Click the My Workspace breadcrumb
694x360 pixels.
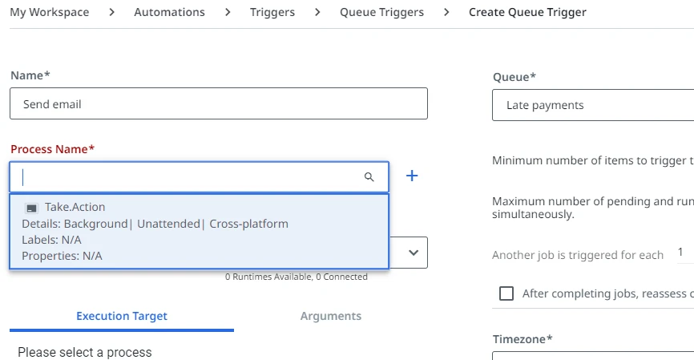(x=49, y=12)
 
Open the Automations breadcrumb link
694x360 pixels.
(x=170, y=12)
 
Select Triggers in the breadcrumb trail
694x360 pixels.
(x=272, y=12)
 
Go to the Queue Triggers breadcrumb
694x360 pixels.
(x=381, y=12)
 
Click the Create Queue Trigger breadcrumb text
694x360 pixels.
(x=527, y=12)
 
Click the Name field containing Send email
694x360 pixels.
(x=219, y=103)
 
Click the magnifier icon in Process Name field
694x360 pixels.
(x=369, y=177)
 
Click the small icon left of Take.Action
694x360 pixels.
(x=31, y=208)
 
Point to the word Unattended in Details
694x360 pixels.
(x=168, y=224)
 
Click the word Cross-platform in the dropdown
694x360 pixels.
(x=248, y=224)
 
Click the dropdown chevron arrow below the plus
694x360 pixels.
(x=414, y=253)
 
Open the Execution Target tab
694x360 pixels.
(x=122, y=316)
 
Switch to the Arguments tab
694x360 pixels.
(x=331, y=316)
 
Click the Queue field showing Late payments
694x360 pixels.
(x=593, y=105)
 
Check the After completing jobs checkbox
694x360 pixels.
(x=506, y=293)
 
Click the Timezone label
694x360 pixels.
(x=523, y=339)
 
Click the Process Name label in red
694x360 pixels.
(x=53, y=149)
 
